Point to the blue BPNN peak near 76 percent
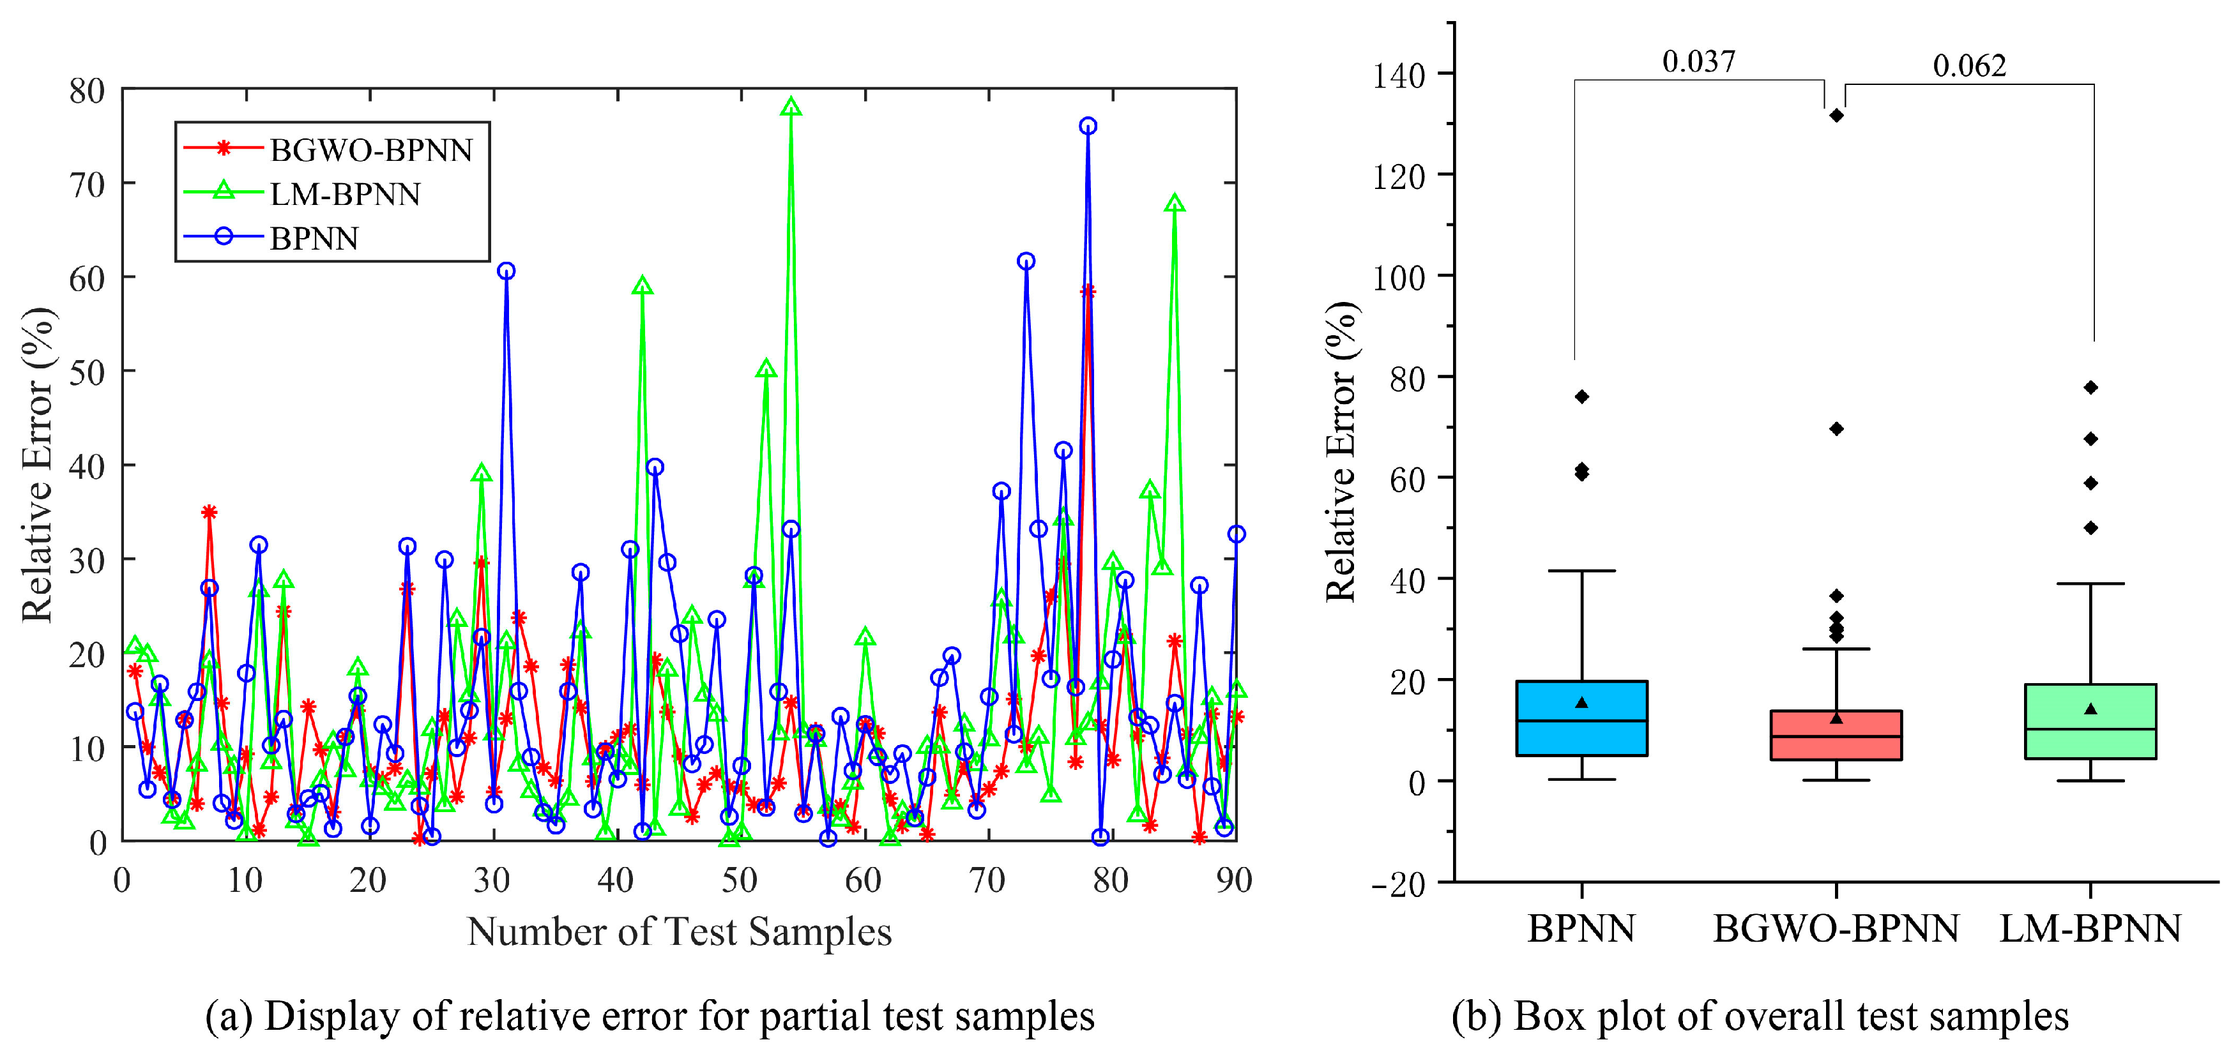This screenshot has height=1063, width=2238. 1088,126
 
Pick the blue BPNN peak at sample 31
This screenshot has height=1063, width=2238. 506,271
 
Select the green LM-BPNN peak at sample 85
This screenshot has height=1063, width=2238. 1175,203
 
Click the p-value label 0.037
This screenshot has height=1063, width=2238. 1698,62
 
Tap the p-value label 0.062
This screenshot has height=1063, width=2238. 1970,66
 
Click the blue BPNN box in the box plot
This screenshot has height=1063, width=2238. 1582,718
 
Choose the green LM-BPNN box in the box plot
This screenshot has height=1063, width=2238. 2090,721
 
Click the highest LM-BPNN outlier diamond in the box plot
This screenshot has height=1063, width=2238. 2091,388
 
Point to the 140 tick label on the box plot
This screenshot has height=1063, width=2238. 1399,75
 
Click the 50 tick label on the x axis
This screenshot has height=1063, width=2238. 740,880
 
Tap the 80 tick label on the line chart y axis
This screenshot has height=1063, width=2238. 87,90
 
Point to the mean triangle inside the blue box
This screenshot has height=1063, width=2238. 1582,702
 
